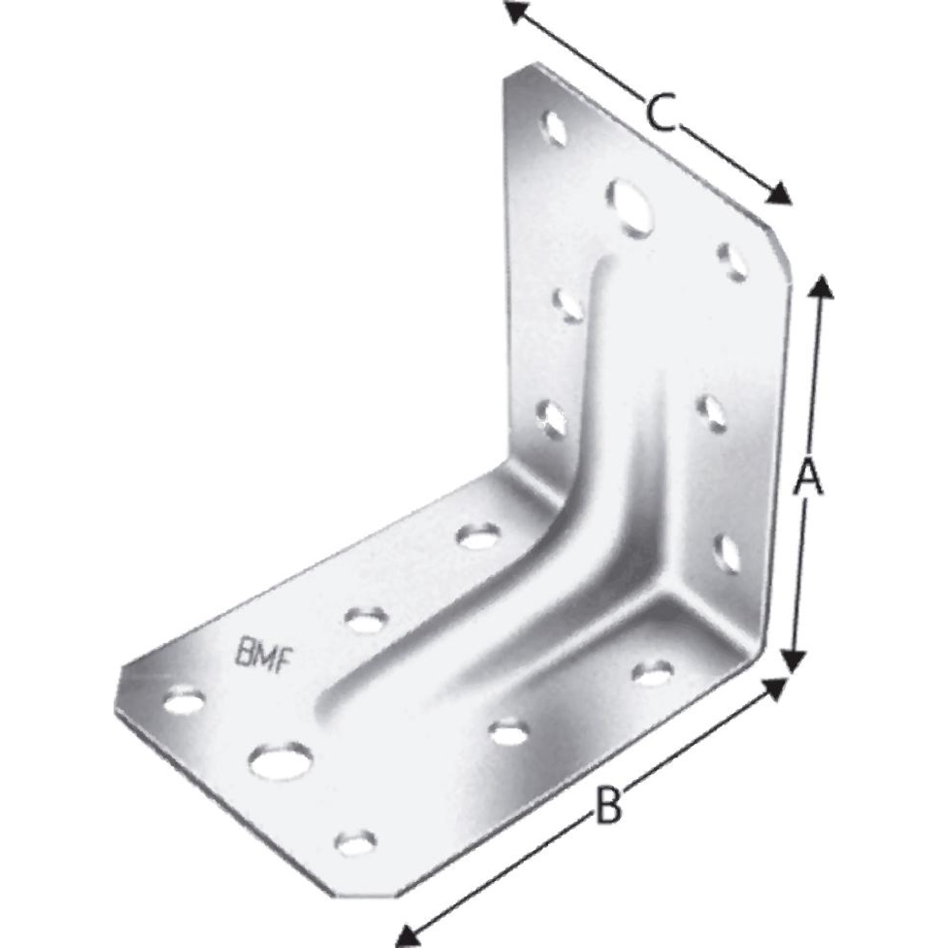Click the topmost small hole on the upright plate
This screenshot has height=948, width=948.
tap(555, 128)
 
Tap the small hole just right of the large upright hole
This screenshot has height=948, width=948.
tap(733, 261)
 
